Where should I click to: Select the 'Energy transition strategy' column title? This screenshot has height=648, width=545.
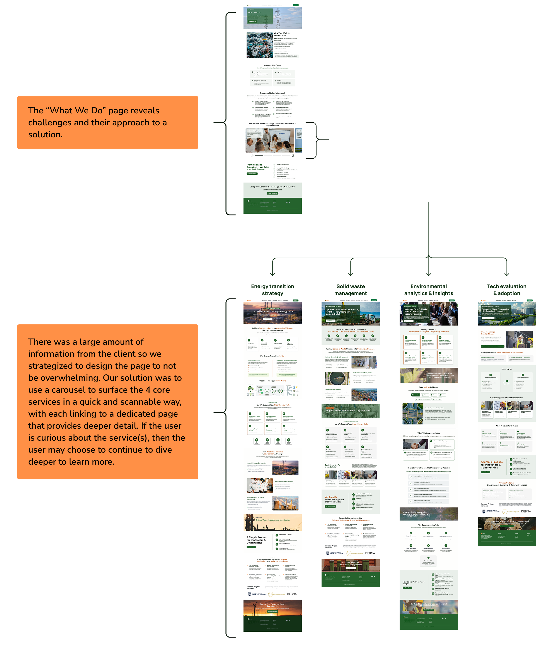click(x=272, y=290)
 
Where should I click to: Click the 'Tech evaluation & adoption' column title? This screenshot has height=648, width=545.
click(x=506, y=290)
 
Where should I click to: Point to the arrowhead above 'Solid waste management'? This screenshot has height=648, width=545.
click(x=351, y=274)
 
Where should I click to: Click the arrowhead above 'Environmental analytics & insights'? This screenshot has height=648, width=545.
click(x=429, y=274)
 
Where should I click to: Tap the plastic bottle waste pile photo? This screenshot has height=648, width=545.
click(x=259, y=45)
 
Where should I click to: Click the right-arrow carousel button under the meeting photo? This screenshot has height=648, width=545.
click(x=293, y=156)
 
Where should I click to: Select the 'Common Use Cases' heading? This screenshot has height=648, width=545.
click(x=272, y=65)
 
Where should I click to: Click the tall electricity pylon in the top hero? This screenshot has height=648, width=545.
click(x=278, y=18)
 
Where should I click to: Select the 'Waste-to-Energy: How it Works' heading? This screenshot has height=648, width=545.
click(x=272, y=381)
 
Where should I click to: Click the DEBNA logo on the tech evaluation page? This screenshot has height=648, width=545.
click(x=526, y=512)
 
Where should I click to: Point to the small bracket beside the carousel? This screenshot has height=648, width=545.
click(x=316, y=140)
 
